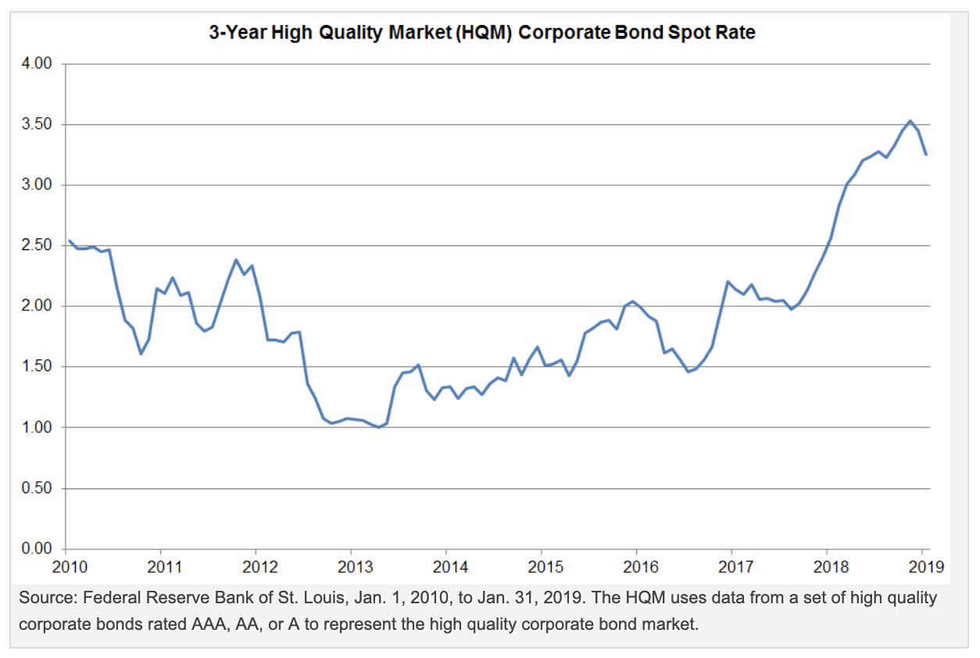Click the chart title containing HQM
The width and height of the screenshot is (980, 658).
click(x=481, y=34)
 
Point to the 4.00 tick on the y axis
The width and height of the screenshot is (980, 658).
click(x=37, y=64)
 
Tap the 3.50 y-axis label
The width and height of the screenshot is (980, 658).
click(x=37, y=125)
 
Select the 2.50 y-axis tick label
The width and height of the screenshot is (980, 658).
click(x=37, y=246)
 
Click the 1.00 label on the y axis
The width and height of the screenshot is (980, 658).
click(x=37, y=428)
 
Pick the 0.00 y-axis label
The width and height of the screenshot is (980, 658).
click(x=37, y=549)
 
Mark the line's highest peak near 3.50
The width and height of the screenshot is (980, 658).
click(x=910, y=120)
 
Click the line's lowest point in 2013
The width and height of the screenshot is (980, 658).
click(x=379, y=427)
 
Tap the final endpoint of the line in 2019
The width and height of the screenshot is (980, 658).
click(x=926, y=155)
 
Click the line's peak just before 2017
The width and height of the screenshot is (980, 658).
click(x=728, y=281)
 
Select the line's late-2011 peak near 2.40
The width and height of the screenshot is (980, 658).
click(x=236, y=259)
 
